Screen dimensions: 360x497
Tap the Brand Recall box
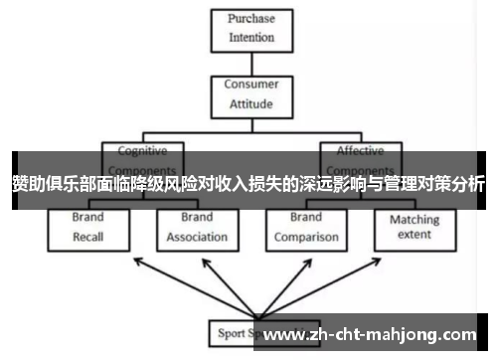point(88,229)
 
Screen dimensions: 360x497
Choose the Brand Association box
point(196,229)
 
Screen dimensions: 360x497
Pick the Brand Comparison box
point(305,229)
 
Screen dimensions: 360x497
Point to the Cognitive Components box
point(143,159)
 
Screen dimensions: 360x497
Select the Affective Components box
point(360,159)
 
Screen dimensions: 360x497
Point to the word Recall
point(88,238)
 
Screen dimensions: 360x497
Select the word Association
point(196,238)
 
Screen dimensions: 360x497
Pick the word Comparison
point(305,238)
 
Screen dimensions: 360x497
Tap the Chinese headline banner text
point(248,183)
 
